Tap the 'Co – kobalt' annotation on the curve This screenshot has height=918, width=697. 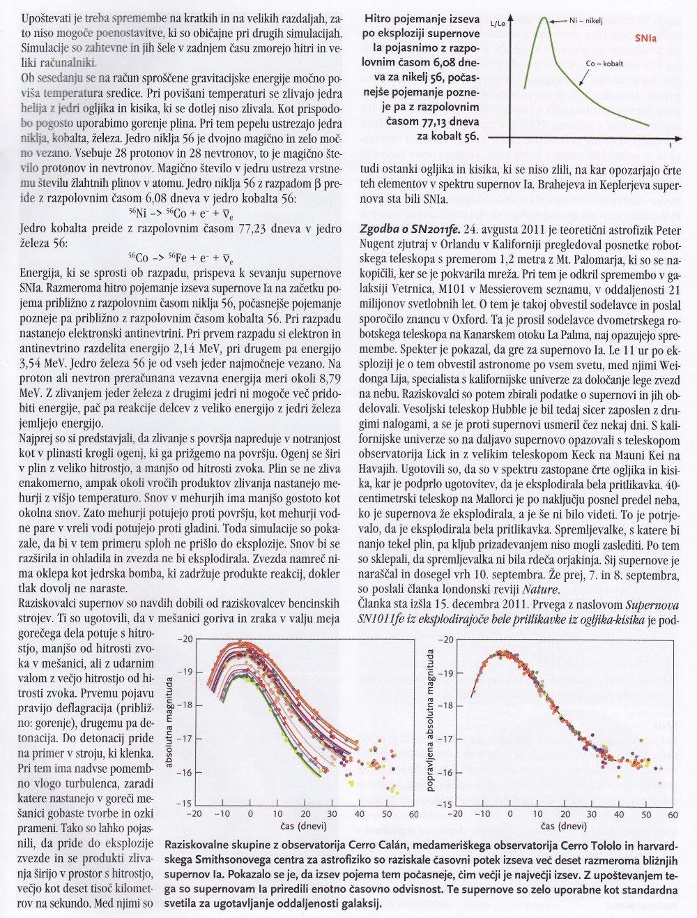604,63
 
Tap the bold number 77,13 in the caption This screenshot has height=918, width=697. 436,123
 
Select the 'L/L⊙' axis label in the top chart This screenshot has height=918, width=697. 499,23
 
